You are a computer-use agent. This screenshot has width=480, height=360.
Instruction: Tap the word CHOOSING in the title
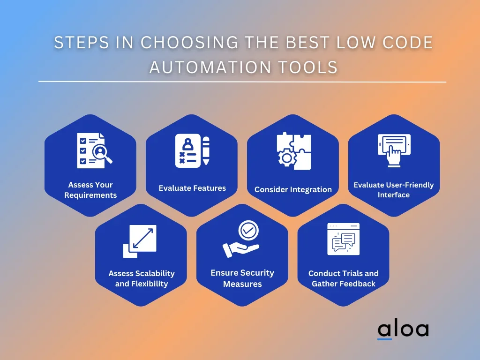[x=189, y=42]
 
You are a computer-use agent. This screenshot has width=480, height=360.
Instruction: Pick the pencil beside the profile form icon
[x=206, y=150]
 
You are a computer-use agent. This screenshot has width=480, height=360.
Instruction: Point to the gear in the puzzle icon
[x=287, y=158]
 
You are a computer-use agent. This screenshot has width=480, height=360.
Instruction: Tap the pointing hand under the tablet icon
[x=394, y=155]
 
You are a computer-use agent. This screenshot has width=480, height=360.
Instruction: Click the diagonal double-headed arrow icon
[x=143, y=238]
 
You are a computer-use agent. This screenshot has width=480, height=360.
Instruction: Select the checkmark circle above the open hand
[x=248, y=230]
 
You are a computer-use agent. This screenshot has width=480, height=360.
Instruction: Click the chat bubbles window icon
[x=344, y=239]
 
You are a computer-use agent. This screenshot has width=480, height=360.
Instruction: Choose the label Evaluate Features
[x=192, y=188]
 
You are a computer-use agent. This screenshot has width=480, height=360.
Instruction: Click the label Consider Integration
[x=293, y=189]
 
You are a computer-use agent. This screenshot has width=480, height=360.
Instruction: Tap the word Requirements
[x=90, y=195]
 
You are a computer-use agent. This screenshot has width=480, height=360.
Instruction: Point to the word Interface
[x=394, y=195]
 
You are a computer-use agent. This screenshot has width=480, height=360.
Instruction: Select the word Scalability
[x=155, y=273]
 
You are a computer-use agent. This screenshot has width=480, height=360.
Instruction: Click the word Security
[x=255, y=273]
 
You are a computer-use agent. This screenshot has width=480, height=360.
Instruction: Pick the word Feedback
[x=357, y=284]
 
